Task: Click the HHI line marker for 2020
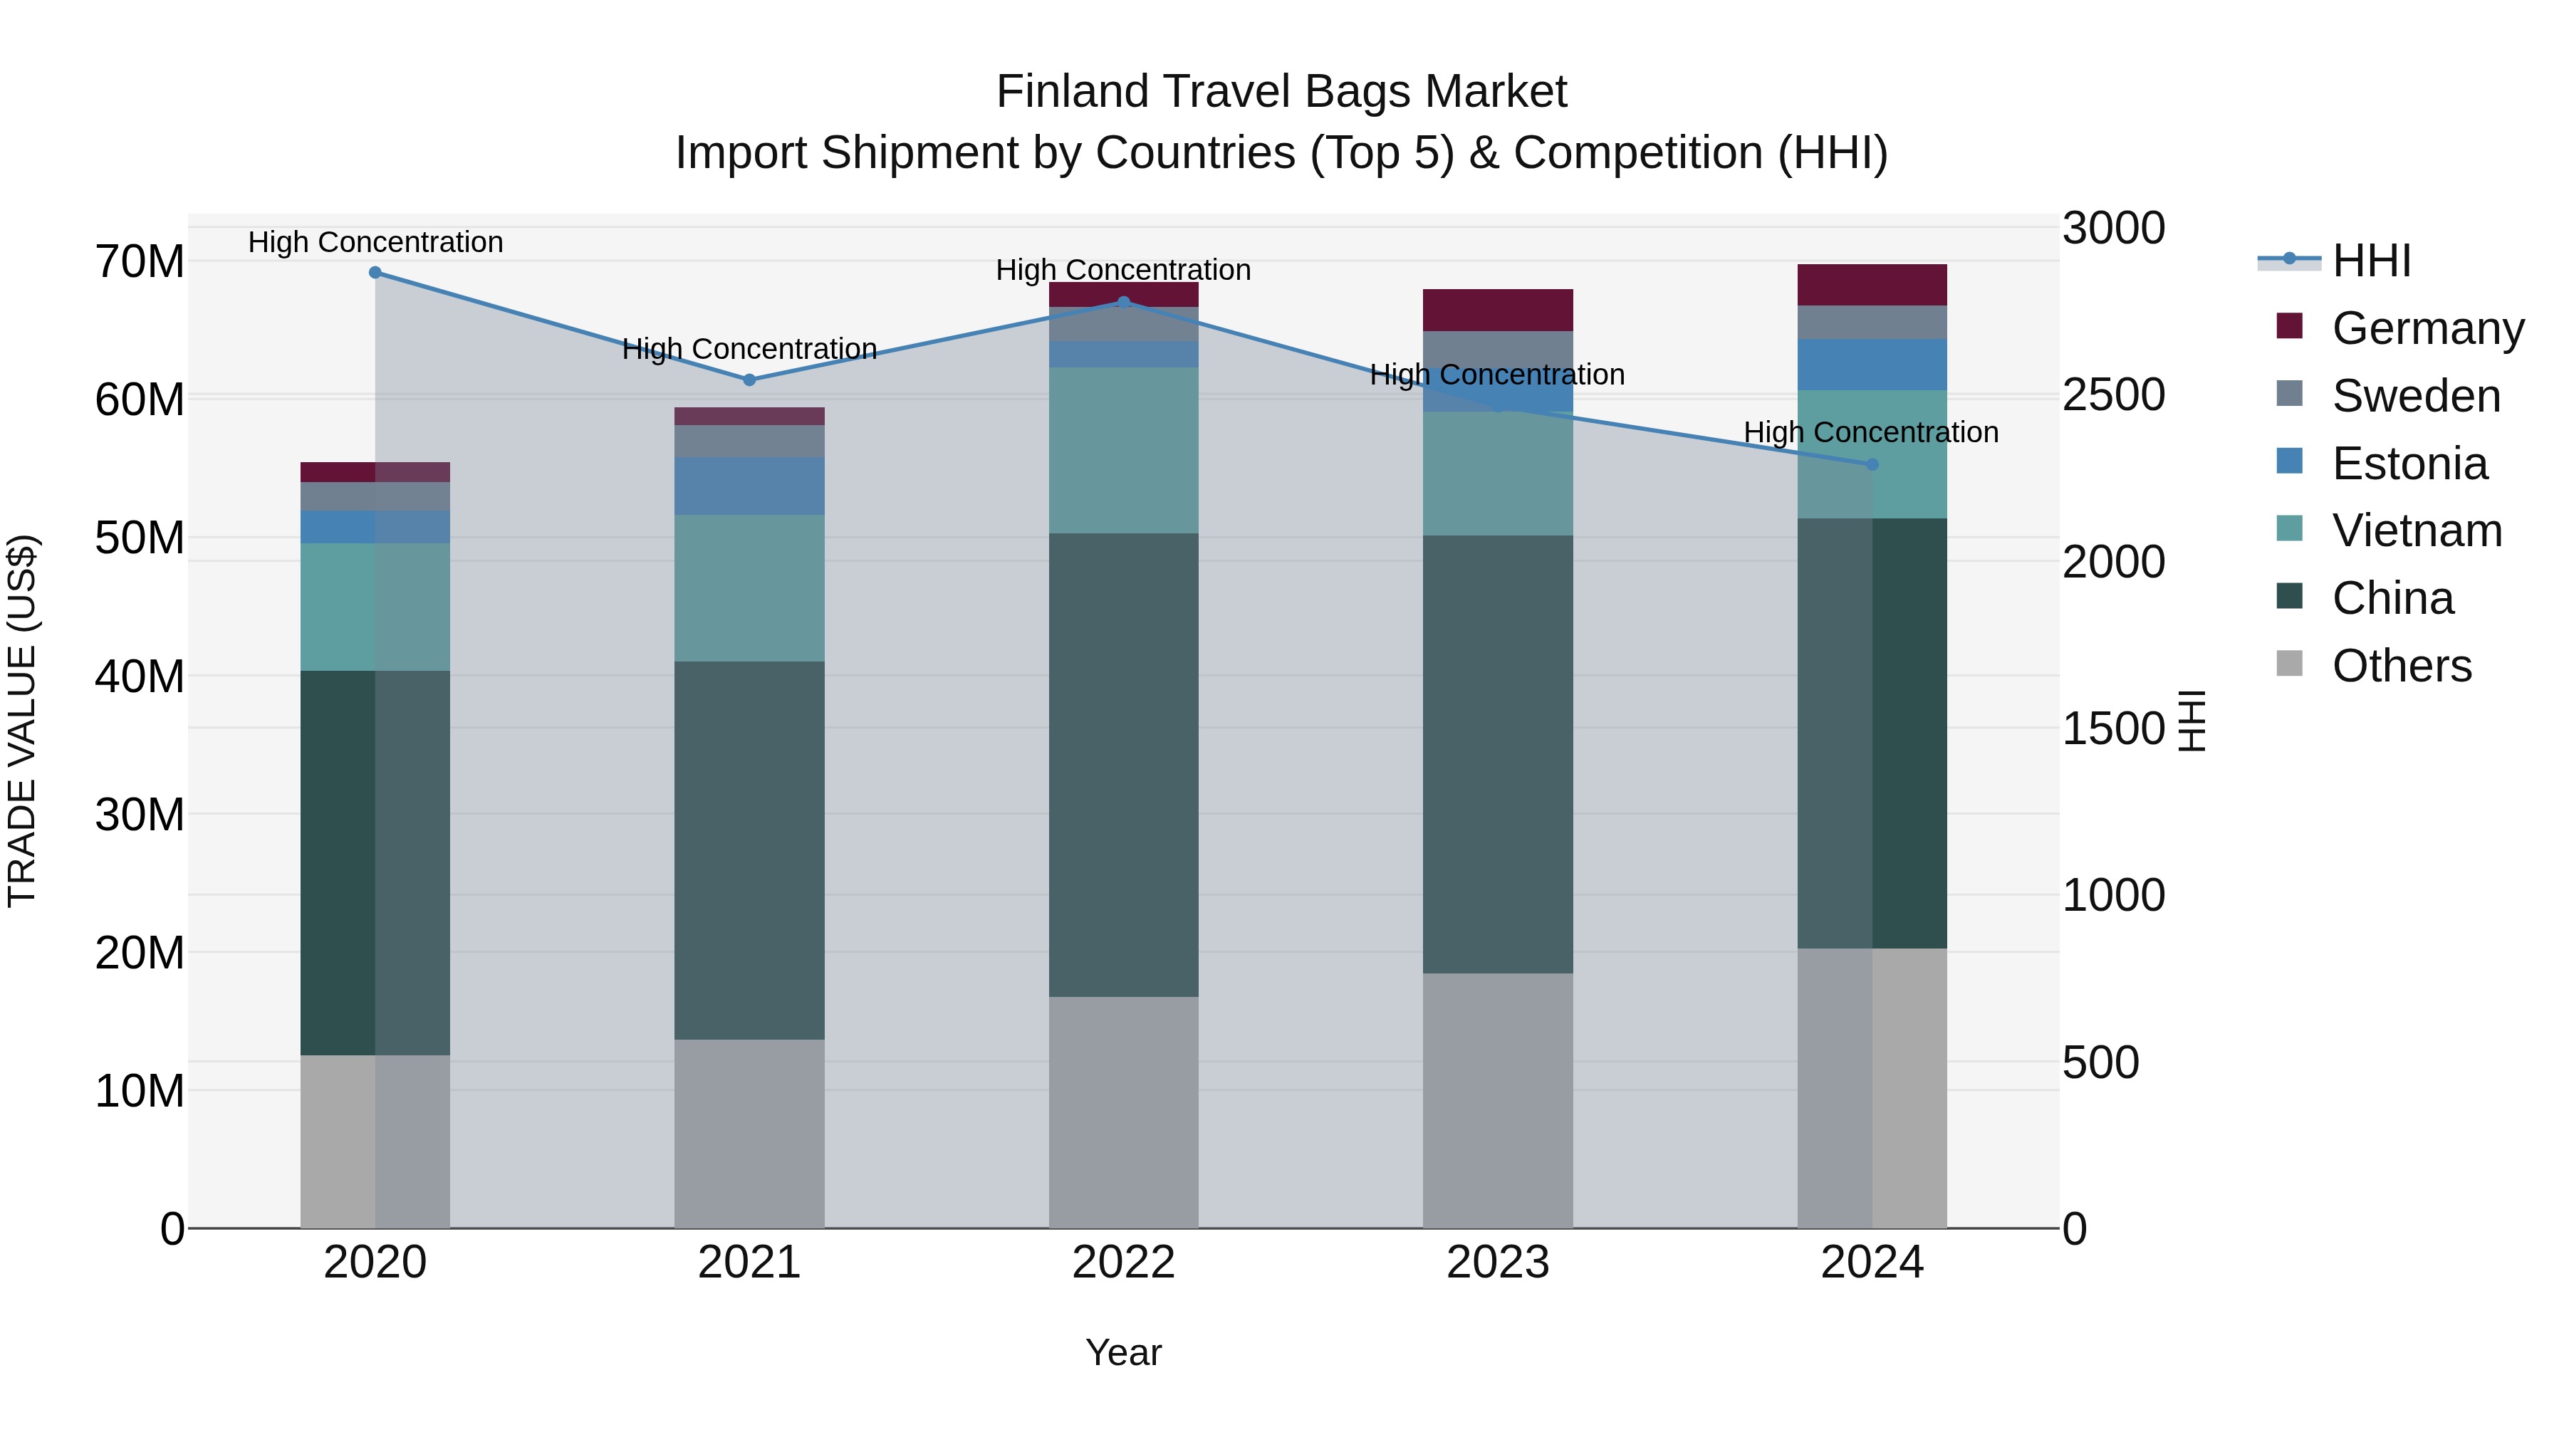coord(375,273)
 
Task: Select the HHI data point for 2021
coord(749,380)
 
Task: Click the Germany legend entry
coord(2427,328)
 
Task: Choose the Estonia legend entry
coord(2409,464)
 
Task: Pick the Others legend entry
coord(2401,666)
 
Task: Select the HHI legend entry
coord(2371,261)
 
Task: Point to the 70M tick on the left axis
coord(140,262)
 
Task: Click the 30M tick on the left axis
coord(140,815)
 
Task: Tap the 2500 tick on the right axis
coord(2113,395)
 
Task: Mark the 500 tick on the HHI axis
coord(2100,1063)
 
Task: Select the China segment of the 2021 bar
coord(749,851)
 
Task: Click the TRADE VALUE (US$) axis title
coord(22,721)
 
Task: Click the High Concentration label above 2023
coord(1497,375)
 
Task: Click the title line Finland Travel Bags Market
coord(1281,92)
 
